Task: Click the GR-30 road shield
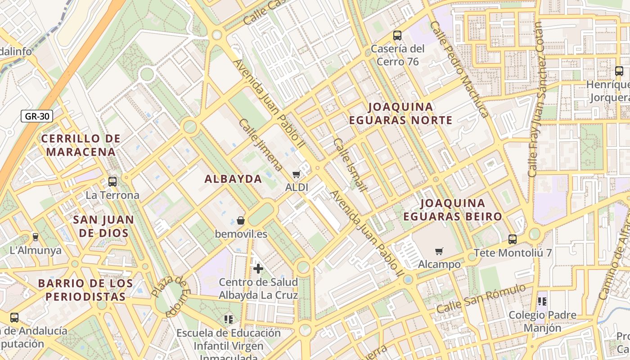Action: (x=37, y=117)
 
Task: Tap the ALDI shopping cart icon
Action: (x=296, y=174)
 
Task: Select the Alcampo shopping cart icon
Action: (x=439, y=251)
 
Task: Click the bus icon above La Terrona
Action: (x=112, y=182)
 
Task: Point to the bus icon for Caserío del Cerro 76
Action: (x=397, y=35)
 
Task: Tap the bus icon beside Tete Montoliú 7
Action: (x=512, y=239)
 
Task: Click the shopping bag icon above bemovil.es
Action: (x=241, y=220)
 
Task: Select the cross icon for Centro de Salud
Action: (x=258, y=269)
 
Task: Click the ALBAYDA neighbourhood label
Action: (x=233, y=179)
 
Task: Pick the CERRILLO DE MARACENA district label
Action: (x=81, y=145)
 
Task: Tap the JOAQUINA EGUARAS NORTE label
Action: (x=400, y=113)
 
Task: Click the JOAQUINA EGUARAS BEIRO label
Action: (x=452, y=210)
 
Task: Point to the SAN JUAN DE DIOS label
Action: (x=103, y=226)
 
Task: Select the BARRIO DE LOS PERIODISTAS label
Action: (x=85, y=290)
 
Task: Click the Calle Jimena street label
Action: (x=261, y=145)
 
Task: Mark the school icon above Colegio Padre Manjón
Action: (x=542, y=301)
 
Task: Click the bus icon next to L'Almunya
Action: (x=36, y=237)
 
